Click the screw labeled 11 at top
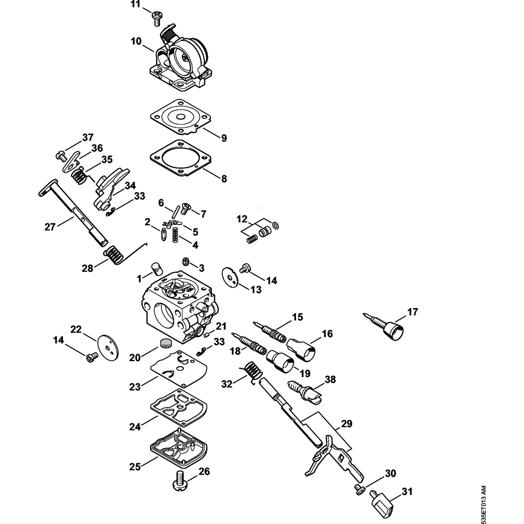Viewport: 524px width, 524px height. [x=156, y=19]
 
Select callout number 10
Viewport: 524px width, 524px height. [x=136, y=41]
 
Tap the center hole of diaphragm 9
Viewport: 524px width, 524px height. [x=180, y=117]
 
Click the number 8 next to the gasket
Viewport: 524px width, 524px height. [x=224, y=179]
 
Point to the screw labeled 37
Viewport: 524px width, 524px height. [x=60, y=156]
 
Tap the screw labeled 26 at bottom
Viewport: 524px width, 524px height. [x=180, y=481]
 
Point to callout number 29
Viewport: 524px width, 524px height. [x=346, y=424]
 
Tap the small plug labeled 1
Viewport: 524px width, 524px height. [x=156, y=268]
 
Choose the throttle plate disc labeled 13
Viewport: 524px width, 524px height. [x=230, y=277]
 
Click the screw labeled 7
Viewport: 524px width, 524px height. [x=185, y=209]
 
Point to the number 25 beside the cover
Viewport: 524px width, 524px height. [x=135, y=466]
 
